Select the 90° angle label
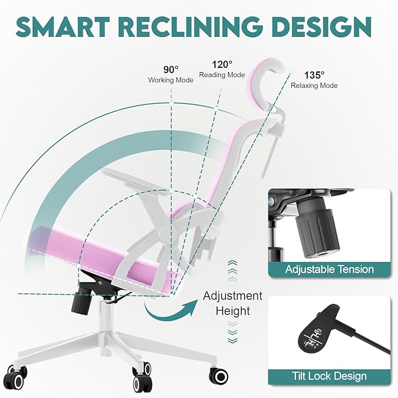tap(171, 69)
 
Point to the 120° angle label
tap(222, 64)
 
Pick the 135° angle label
tap(314, 75)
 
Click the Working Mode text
tap(171, 80)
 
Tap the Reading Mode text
tap(222, 75)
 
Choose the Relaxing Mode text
tap(314, 86)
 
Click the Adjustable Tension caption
tap(329, 269)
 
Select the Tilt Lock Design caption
tap(329, 376)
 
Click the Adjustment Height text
tap(233, 304)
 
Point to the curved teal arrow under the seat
tap(171, 312)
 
